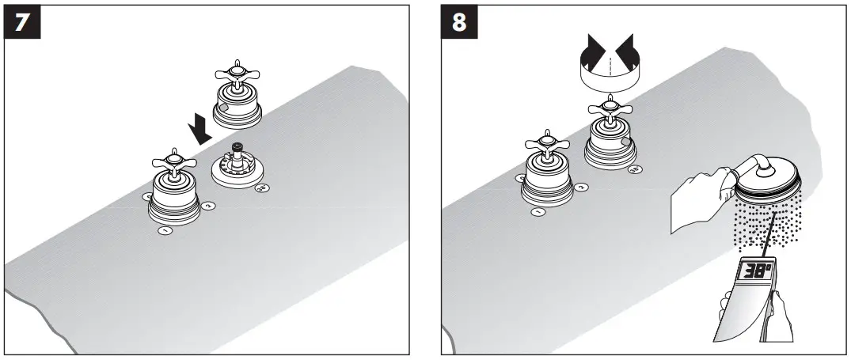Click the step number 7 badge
(x=23, y=23)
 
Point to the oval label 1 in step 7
(x=166, y=231)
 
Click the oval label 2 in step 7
(x=209, y=206)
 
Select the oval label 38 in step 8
(x=634, y=169)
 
